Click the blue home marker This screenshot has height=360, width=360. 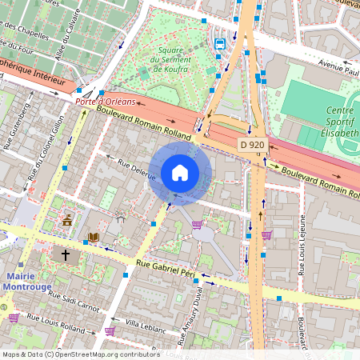coord(180,172)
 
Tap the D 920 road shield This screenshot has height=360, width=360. coord(252,145)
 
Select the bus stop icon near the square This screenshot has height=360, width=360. coord(220,43)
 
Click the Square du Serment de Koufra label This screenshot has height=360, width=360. coord(169,63)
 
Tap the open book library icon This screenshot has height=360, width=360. coord(94,238)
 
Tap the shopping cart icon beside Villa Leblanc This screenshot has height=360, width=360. coord(109,330)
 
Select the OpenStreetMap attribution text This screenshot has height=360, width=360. coord(80,354)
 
